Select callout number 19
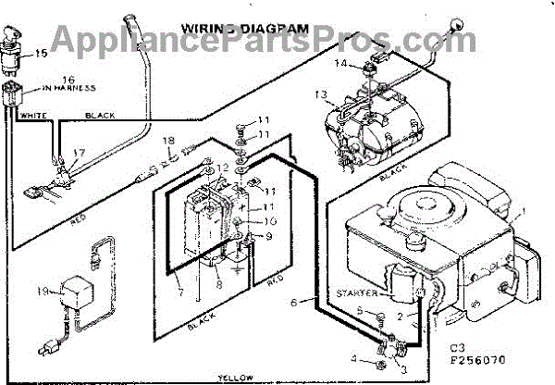coord(42,292)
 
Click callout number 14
coord(340,64)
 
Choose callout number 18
coord(168,141)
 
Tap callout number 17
coord(80,153)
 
